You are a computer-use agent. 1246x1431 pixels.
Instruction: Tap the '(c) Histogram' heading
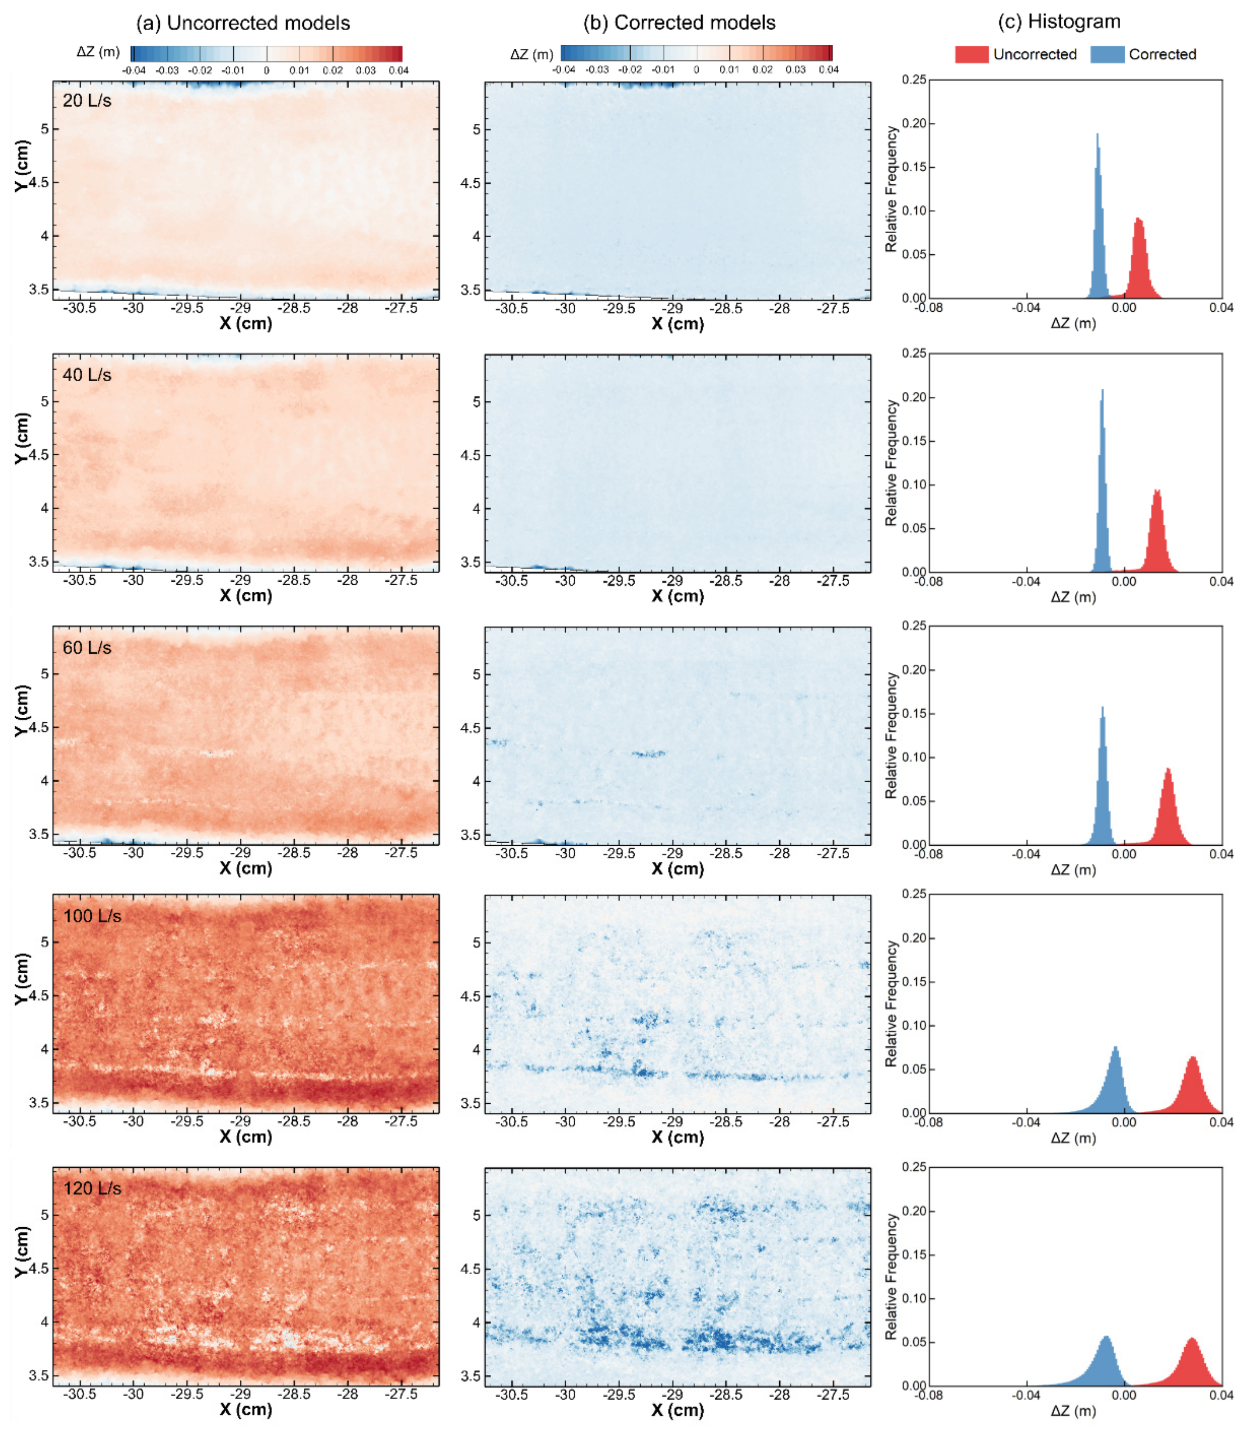point(1059,22)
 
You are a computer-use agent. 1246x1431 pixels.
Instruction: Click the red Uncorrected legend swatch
point(971,54)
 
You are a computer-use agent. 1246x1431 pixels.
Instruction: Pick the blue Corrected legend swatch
point(1107,54)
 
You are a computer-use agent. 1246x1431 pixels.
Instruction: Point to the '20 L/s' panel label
point(87,101)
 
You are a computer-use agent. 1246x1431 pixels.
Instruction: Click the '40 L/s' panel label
point(87,375)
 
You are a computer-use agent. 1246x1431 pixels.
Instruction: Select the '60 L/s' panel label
point(87,648)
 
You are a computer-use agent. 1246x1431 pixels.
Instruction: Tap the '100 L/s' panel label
point(92,916)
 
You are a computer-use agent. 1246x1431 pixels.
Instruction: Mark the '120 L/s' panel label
point(92,1188)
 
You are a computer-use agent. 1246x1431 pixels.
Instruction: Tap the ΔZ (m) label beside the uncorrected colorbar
point(98,52)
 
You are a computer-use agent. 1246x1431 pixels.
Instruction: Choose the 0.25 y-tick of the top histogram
point(914,80)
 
